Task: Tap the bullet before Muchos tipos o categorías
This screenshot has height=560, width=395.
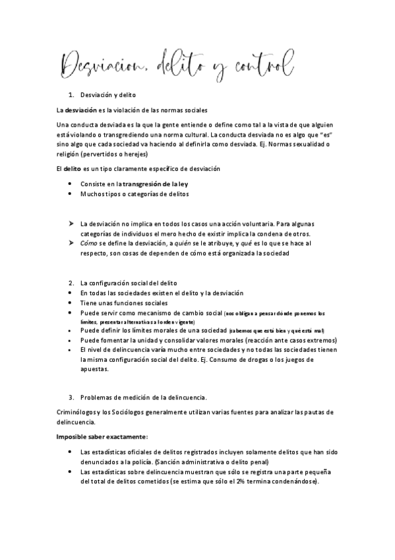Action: pyautogui.click(x=71, y=194)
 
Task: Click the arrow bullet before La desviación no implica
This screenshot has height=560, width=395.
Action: pyautogui.click(x=71, y=225)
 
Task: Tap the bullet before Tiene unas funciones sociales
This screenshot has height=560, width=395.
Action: pyautogui.click(x=71, y=302)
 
